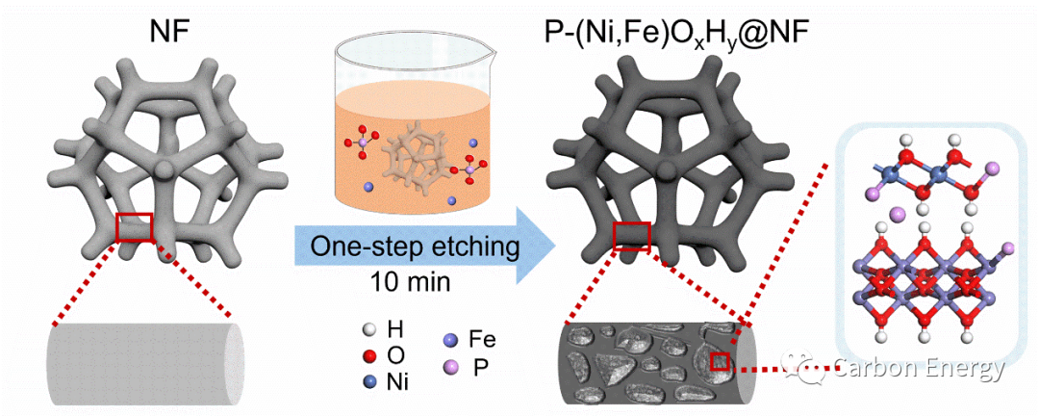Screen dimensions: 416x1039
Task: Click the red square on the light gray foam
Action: [135, 227]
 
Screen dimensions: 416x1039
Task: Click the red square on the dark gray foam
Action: [631, 235]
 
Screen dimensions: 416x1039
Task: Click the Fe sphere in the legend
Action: [448, 340]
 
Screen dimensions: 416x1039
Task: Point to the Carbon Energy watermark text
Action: [918, 368]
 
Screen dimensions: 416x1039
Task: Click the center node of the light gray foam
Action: [165, 169]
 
